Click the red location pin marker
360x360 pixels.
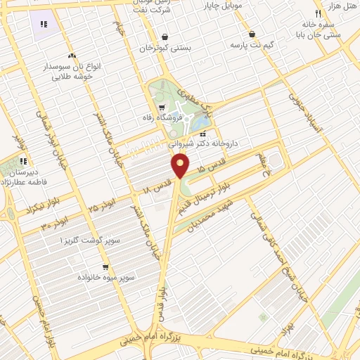click(181, 166)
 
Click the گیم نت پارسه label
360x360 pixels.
click(250, 44)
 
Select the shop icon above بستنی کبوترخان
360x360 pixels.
click(165, 37)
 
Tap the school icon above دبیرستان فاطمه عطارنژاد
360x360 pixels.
click(23, 160)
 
